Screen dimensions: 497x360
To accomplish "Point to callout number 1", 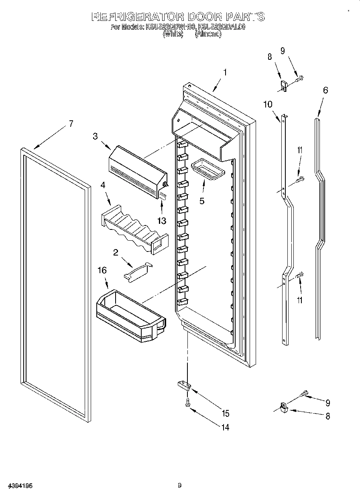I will point(225,73).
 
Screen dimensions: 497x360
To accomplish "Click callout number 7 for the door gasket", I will point(71,124).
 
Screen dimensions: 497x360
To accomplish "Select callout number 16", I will point(102,270).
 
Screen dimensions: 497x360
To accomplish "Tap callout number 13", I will point(161,220).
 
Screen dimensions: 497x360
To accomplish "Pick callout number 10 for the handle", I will point(268,104).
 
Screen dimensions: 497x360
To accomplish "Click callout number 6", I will point(325,90).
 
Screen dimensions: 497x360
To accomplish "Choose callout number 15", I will point(226,413).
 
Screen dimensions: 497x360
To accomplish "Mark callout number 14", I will point(226,428).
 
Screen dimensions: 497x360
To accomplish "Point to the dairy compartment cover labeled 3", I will point(136,170).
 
